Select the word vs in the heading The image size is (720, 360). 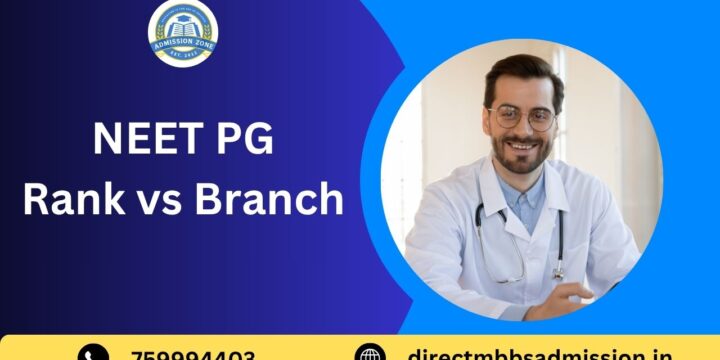point(158,200)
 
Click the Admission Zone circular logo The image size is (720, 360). point(182,34)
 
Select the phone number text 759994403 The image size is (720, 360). point(192,355)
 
